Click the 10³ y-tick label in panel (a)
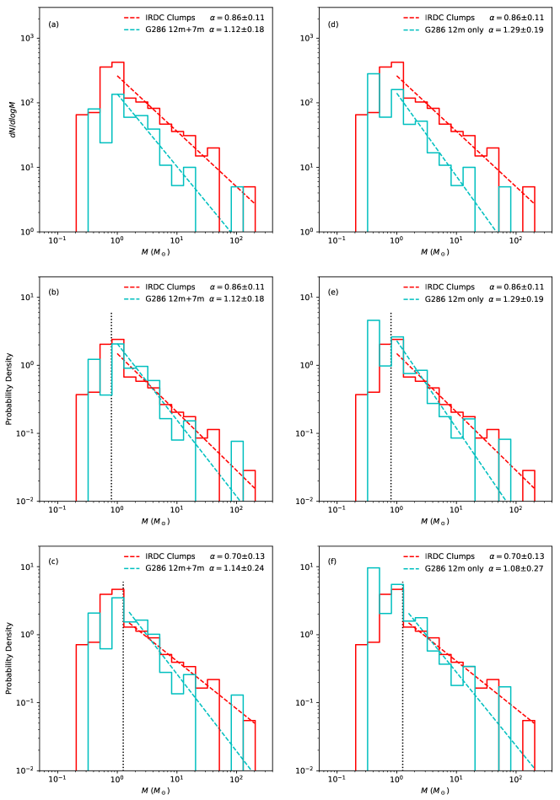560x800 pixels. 28,38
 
